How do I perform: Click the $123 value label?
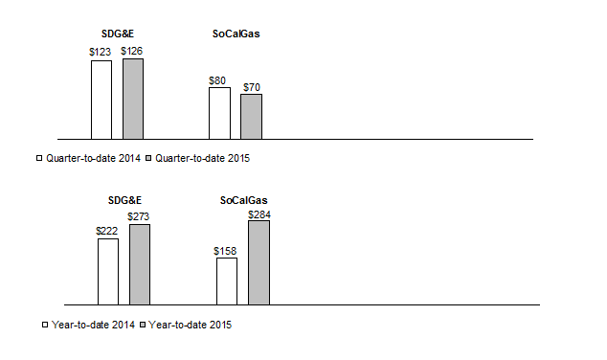pyautogui.click(x=101, y=52)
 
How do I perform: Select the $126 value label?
pyautogui.click(x=132, y=51)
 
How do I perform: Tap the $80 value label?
pyautogui.click(x=218, y=80)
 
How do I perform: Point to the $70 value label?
pyautogui.click(x=251, y=87)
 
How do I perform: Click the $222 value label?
pyautogui.click(x=107, y=231)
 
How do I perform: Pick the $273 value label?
pyautogui.click(x=139, y=216)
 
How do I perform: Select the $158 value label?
pyautogui.click(x=226, y=251)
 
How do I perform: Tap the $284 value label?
pyautogui.click(x=259, y=214)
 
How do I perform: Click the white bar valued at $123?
pyautogui.click(x=101, y=100)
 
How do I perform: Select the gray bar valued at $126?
pyautogui.click(x=133, y=99)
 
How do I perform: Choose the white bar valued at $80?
pyautogui.click(x=219, y=113)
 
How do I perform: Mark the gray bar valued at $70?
pyautogui.click(x=251, y=116)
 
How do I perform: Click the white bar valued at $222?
pyautogui.click(x=108, y=271)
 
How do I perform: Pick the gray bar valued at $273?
pyautogui.click(x=140, y=264)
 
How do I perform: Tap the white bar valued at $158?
pyautogui.click(x=227, y=281)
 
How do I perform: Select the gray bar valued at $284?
pyautogui.click(x=259, y=263)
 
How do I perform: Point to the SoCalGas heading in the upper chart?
pyautogui.click(x=236, y=34)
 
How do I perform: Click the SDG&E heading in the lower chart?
pyautogui.click(x=124, y=200)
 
